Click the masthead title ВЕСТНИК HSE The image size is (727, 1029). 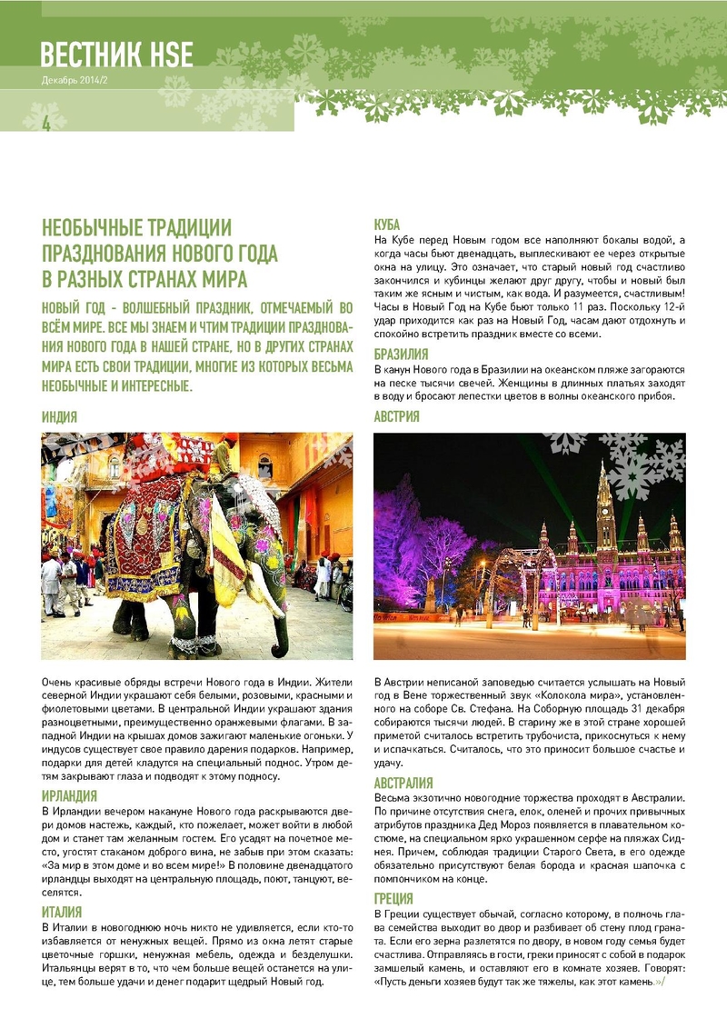(116, 55)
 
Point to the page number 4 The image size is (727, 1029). (46, 124)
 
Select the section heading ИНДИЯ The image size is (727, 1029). (59, 417)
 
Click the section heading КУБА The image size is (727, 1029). (387, 225)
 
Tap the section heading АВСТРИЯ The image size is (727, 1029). (397, 417)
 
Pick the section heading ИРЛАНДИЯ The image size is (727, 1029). (70, 797)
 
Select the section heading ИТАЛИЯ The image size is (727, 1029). (63, 910)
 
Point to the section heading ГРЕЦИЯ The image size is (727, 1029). (393, 899)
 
